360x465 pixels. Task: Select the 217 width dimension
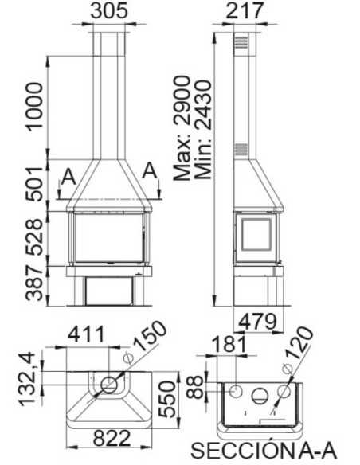(243, 11)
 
